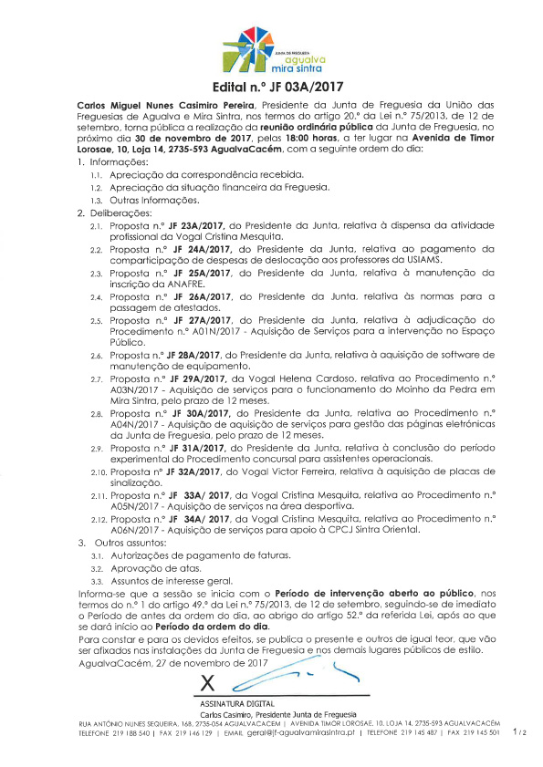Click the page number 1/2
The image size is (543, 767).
518,731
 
